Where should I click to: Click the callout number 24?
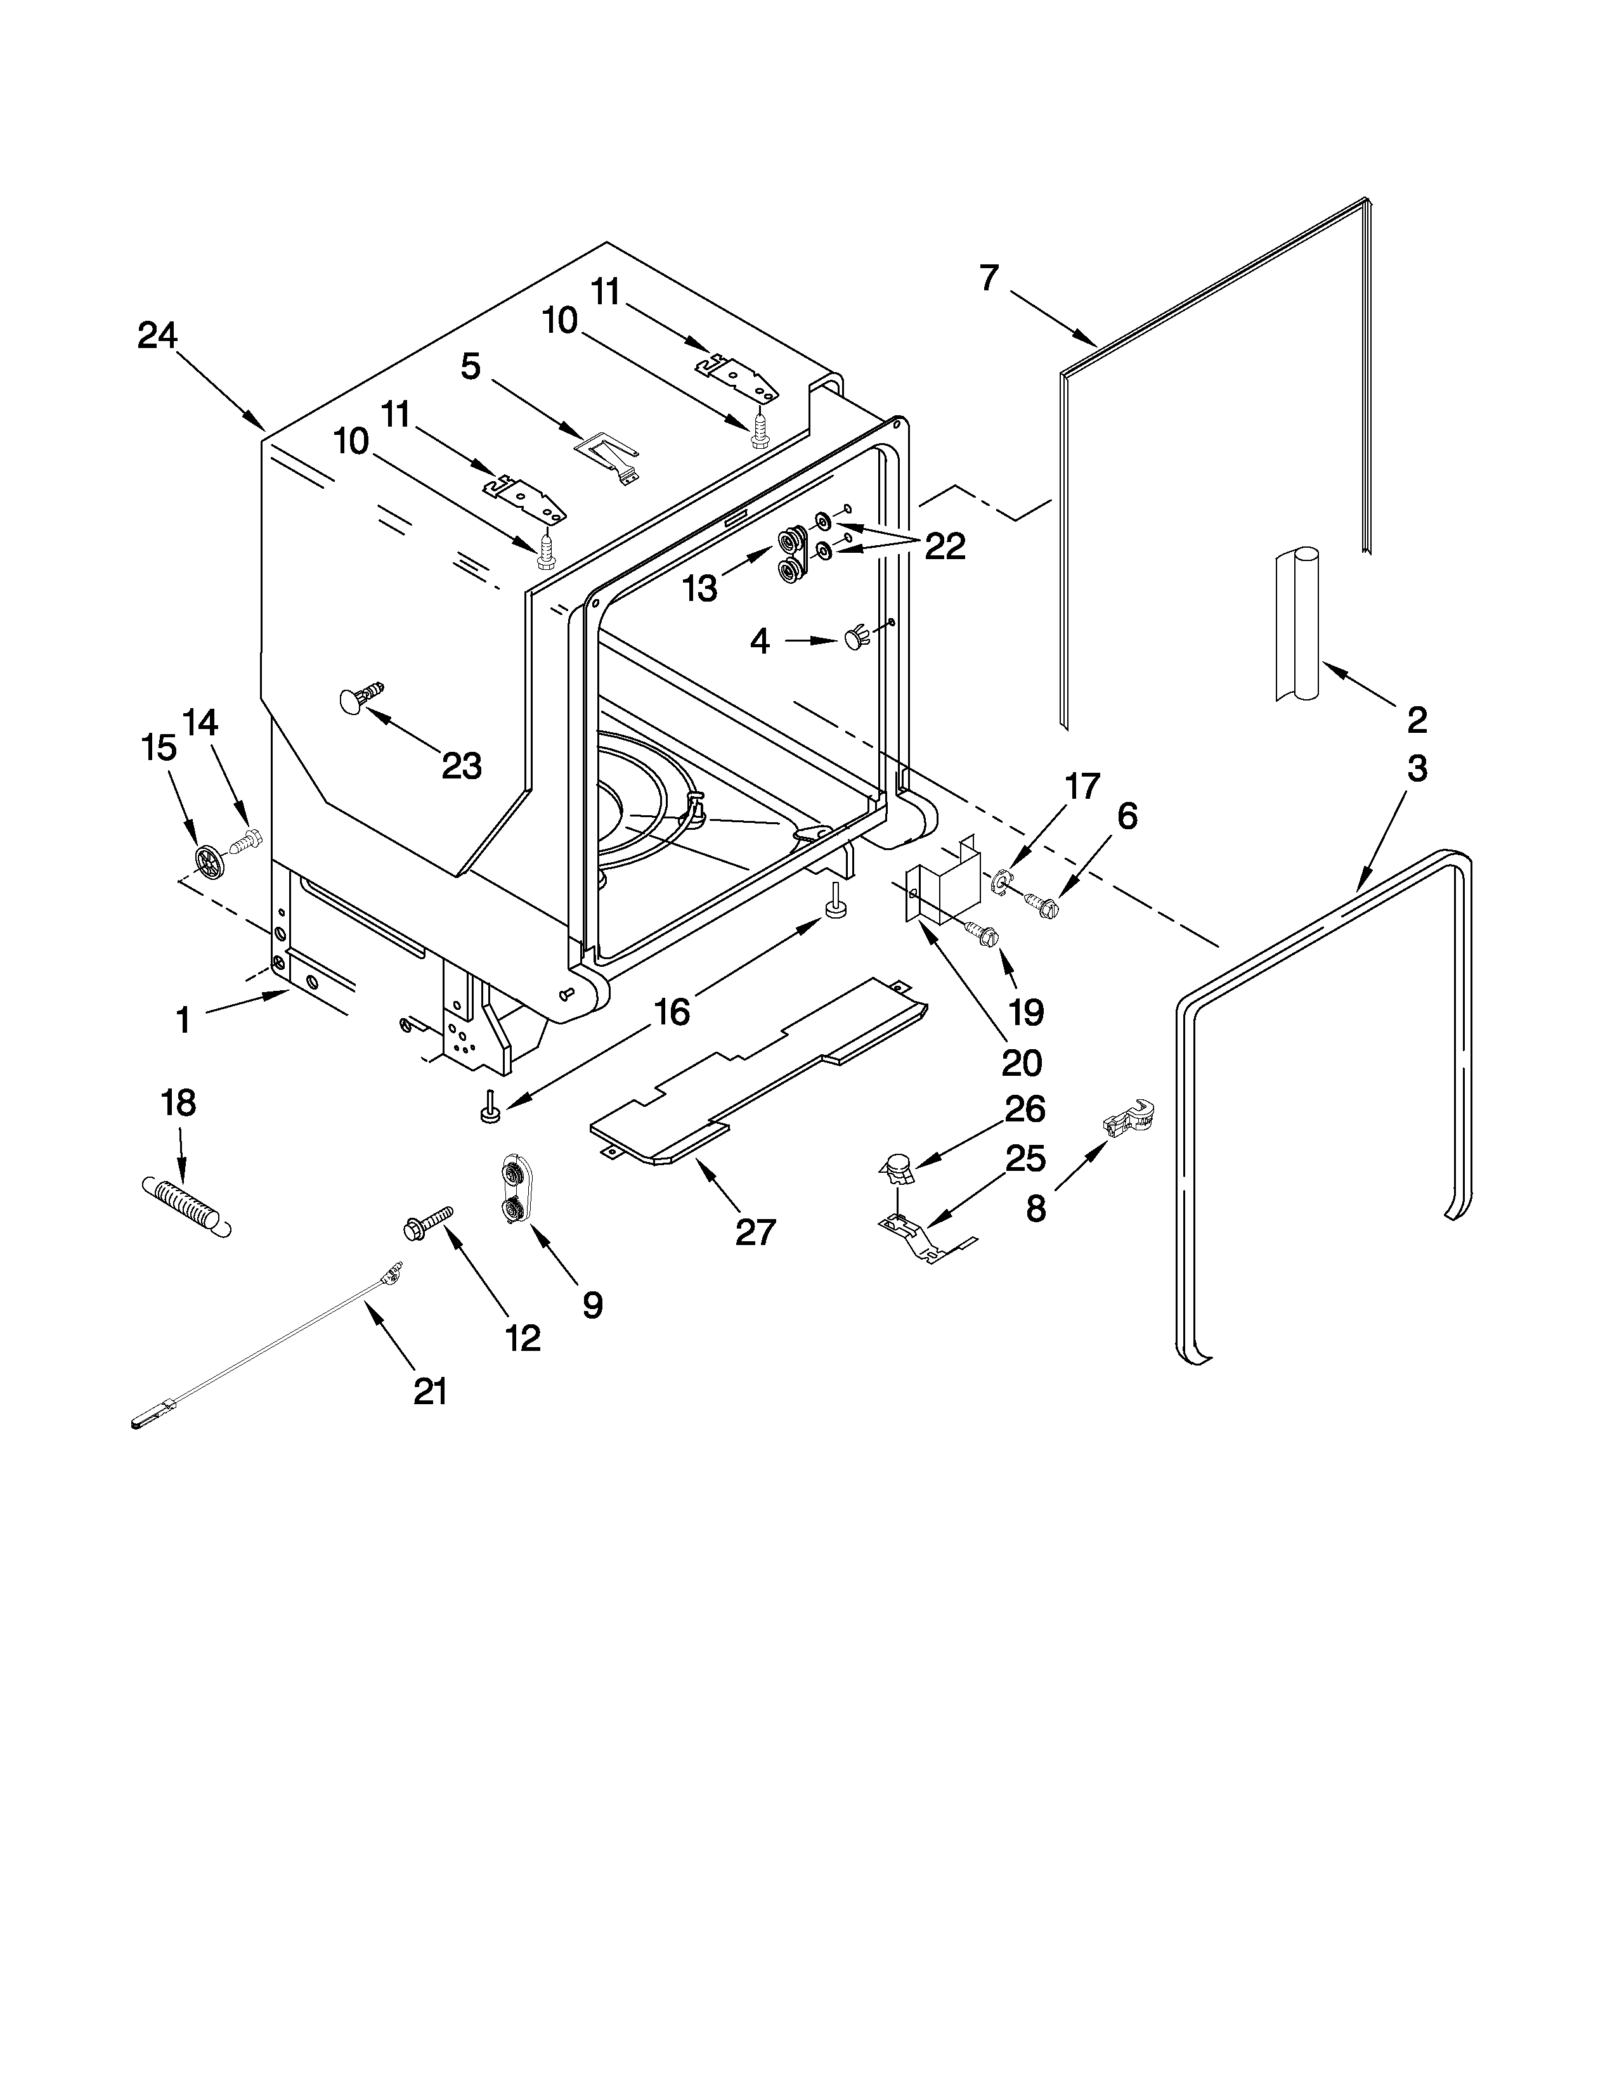pos(157,336)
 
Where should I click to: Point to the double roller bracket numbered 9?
pos(514,1191)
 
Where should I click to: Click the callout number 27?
pos(755,1232)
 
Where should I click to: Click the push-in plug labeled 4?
pos(855,639)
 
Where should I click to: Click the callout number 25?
pos(1024,1159)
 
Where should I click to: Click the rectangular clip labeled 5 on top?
pos(608,453)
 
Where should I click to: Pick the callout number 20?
pos(1021,1062)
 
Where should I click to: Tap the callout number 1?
pos(183,1020)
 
